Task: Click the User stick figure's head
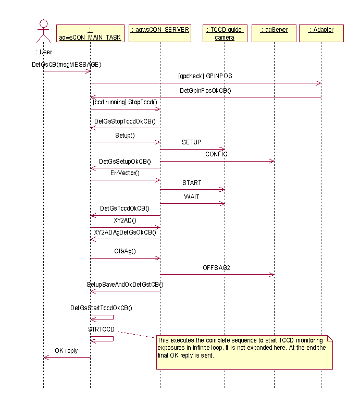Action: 43,24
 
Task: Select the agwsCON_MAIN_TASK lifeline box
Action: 90,33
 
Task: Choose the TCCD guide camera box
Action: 225,33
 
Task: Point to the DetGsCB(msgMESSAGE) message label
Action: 66,65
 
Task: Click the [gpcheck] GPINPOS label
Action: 205,76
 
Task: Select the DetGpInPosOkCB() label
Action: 205,90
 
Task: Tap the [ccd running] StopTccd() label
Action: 125,102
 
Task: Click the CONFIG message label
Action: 216,154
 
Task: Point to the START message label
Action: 192,183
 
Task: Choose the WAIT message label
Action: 192,197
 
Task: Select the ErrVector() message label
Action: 125,173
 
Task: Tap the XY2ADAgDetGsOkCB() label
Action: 125,232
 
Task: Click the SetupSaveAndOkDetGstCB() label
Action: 125,284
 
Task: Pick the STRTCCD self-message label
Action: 101,330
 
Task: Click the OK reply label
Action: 66,351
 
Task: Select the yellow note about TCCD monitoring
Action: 244,352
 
